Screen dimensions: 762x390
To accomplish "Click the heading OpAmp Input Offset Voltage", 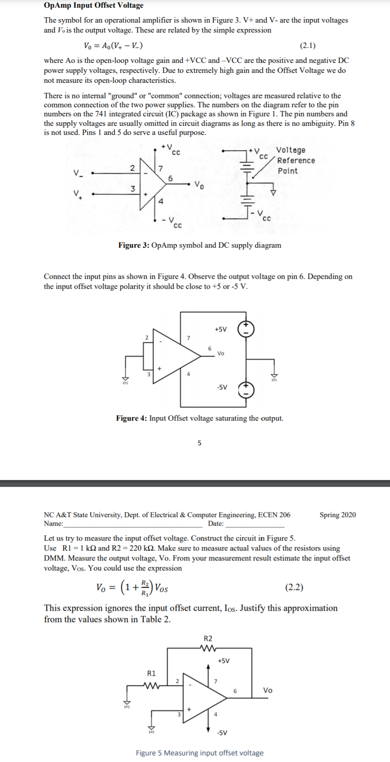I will coord(94,5).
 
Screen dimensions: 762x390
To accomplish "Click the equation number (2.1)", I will coord(308,45).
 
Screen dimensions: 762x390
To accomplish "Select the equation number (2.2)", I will coord(294,587).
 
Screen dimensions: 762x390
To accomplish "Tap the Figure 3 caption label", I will coord(134,245).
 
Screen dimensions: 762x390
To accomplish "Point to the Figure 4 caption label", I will coord(131,418).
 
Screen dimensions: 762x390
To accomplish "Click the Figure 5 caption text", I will coord(199,753).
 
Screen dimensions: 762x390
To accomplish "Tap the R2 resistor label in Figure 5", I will coord(208,638).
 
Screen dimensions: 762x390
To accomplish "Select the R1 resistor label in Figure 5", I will coord(151,673).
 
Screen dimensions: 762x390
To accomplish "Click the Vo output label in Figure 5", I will coord(268,690).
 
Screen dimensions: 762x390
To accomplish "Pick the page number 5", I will coord(199,443).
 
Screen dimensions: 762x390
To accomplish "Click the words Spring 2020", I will coord(337,515).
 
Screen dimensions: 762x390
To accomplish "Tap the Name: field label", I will coord(53,524).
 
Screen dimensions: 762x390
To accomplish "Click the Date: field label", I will coord(216,524).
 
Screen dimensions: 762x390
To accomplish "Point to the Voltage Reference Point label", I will coord(295,160).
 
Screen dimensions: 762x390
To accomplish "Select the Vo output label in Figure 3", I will coord(199,185).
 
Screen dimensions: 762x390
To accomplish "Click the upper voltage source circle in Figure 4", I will coord(246,329).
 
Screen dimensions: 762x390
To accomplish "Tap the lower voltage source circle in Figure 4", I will coord(246,389).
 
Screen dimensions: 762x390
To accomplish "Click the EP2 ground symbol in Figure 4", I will coord(125,379).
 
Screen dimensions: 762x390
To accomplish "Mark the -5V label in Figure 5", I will coord(222,733).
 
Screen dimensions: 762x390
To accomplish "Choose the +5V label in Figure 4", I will coord(221,329).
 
